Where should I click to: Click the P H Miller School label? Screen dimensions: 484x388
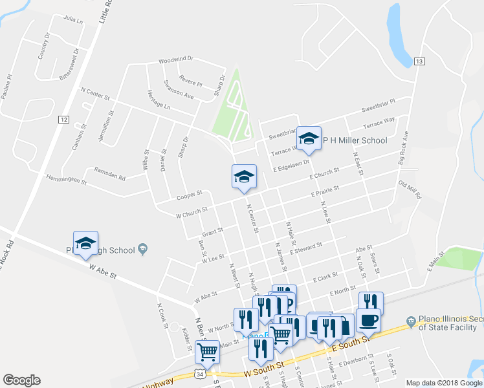[355, 140]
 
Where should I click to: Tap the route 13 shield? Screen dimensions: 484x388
[419, 61]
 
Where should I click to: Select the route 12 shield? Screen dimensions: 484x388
[63, 120]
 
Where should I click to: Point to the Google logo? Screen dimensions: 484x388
[21, 380]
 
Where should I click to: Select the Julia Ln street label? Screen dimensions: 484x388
[74, 20]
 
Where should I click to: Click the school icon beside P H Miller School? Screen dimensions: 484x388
[309, 138]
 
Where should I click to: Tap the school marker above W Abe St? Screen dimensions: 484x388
[85, 243]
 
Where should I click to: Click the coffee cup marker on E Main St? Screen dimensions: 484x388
[368, 320]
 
